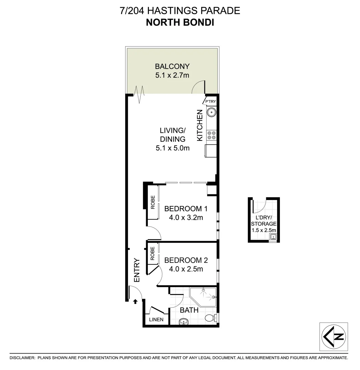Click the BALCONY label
(x=172, y=66)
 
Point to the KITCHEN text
(x=200, y=125)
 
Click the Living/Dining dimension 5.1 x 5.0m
(x=172, y=148)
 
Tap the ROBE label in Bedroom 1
(x=153, y=202)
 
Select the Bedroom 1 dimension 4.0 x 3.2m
(x=186, y=217)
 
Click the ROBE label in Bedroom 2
(x=153, y=254)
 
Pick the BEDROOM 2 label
(x=186, y=260)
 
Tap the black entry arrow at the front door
(x=135, y=301)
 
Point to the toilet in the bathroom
(x=210, y=318)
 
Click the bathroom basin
(x=184, y=322)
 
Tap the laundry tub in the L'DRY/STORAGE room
(x=273, y=237)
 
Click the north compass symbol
(x=334, y=336)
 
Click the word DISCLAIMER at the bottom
(x=22, y=358)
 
